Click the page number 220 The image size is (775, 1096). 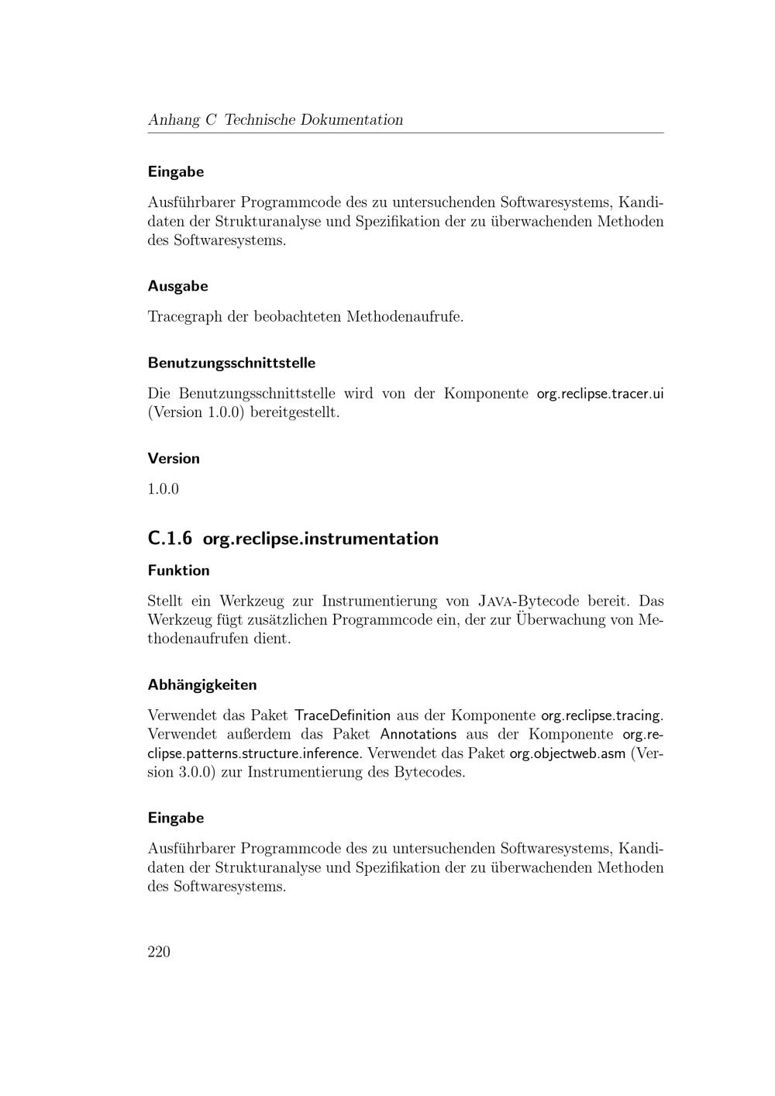158,952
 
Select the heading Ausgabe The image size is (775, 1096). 177,286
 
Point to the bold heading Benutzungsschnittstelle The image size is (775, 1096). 231,363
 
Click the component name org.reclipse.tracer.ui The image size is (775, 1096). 600,394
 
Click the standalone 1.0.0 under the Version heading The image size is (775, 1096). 163,489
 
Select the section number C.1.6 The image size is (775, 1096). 170,539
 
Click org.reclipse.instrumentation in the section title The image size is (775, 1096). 320,539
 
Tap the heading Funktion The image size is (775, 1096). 178,570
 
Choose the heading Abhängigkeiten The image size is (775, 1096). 201,685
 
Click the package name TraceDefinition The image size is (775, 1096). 343,715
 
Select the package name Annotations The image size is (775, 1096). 418,734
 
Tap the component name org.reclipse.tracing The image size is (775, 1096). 601,715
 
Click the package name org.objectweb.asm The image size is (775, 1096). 567,753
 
